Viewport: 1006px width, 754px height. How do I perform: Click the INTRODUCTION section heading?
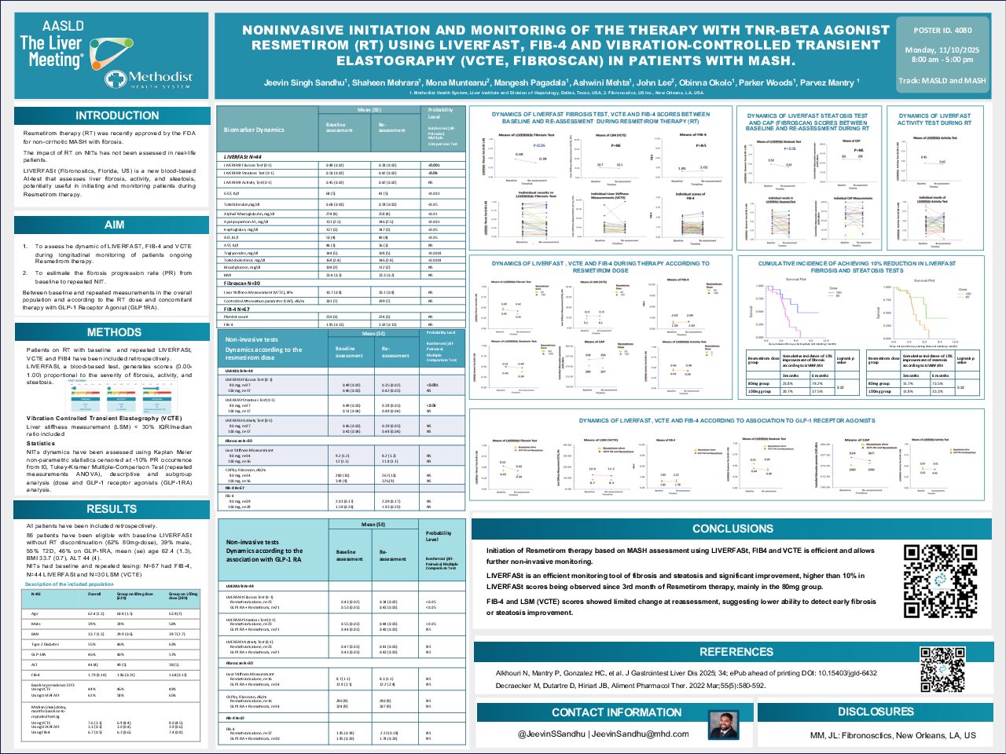tap(116, 115)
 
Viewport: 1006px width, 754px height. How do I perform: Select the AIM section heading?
tap(114, 225)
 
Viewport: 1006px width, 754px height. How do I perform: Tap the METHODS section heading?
tap(114, 332)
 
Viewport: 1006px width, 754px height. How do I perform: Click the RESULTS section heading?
tap(112, 509)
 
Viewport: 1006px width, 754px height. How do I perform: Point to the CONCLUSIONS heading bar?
tap(732, 529)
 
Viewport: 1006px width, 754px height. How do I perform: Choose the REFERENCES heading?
tap(736, 652)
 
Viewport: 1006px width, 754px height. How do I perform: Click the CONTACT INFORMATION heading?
tap(616, 712)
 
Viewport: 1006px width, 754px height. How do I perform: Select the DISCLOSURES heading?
tap(876, 712)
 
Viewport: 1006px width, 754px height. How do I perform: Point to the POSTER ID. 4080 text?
tap(942, 31)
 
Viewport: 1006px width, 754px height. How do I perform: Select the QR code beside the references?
tap(942, 669)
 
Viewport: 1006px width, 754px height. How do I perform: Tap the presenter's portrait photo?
tap(723, 726)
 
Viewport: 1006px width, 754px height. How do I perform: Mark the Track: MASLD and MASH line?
tap(942, 80)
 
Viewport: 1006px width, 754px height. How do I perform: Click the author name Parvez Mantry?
tap(828, 82)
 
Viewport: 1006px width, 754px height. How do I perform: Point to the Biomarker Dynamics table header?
tap(254, 130)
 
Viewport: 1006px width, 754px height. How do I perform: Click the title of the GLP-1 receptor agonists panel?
tap(726, 421)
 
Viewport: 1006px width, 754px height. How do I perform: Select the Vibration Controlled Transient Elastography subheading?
tap(104, 419)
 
